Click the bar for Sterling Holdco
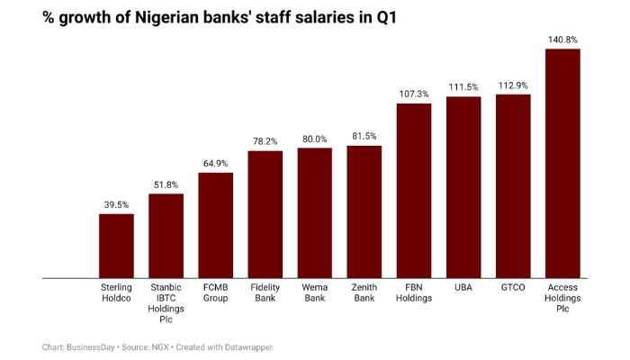(116, 246)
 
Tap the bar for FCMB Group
(216, 225)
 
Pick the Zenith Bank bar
(364, 211)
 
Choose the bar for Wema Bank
(315, 213)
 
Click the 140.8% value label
(562, 39)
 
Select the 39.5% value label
(116, 204)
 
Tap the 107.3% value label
(414, 94)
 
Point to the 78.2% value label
(265, 141)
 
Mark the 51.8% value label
(166, 184)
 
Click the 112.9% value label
(513, 85)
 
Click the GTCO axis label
(513, 288)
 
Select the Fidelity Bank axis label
(265, 293)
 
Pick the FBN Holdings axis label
(414, 293)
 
